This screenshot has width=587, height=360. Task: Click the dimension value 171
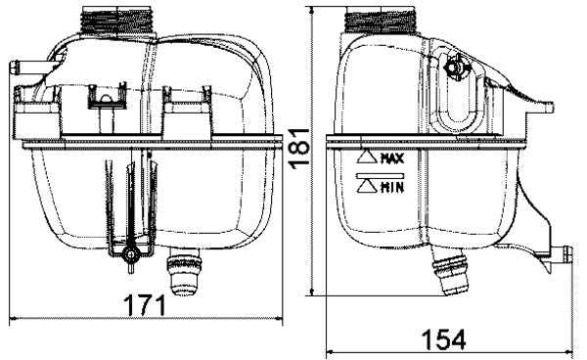pyautogui.click(x=145, y=304)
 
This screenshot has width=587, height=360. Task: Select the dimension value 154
pyautogui.click(x=443, y=339)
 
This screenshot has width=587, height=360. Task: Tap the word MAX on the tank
pyautogui.click(x=392, y=157)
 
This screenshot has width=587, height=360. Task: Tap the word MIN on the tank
pyautogui.click(x=391, y=186)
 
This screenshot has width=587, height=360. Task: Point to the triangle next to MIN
pyautogui.click(x=367, y=186)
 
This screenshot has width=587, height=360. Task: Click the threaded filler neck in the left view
pyautogui.click(x=119, y=19)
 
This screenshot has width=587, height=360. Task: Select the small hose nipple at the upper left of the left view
pyautogui.click(x=24, y=68)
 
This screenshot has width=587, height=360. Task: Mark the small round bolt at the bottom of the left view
pyautogui.click(x=129, y=256)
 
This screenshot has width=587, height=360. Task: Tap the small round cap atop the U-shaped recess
pyautogui.click(x=453, y=68)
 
